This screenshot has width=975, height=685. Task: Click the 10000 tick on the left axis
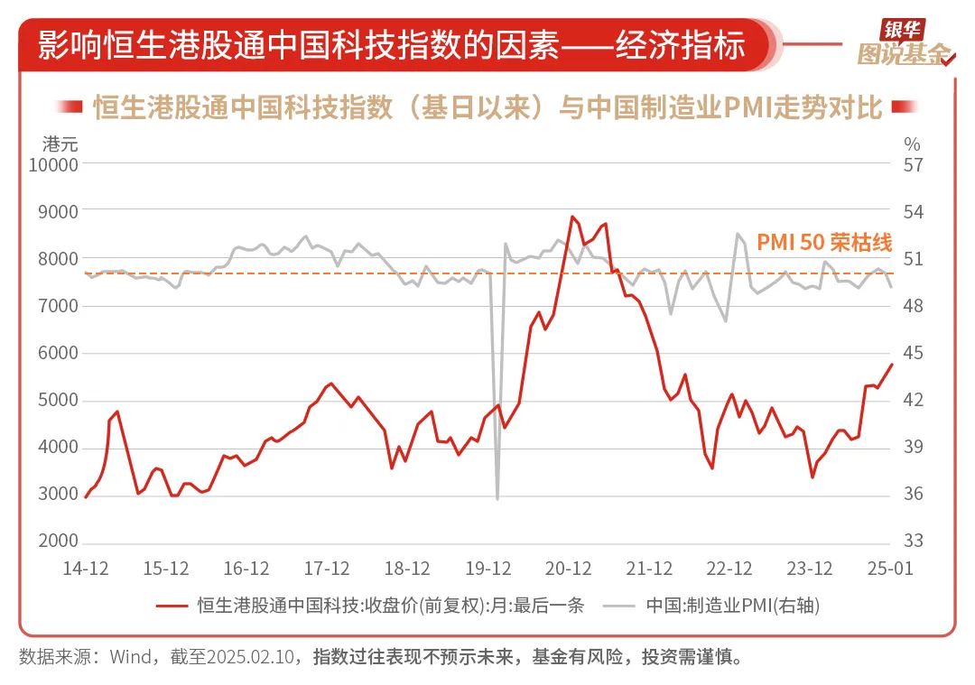coord(54,164)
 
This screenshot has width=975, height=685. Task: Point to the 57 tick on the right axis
coord(914,164)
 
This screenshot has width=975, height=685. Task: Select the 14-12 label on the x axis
coord(85,569)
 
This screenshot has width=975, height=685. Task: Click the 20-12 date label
coord(569,569)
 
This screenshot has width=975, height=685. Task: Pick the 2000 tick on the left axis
coord(60,542)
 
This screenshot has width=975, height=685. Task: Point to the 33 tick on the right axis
coord(914,542)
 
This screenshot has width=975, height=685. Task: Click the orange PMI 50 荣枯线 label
coord(823,243)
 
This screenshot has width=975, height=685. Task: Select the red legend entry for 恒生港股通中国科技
coord(370,606)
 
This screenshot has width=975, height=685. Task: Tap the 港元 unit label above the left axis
coord(60,143)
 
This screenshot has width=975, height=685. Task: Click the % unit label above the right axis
coord(913,143)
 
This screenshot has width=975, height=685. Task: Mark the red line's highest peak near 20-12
coord(571,217)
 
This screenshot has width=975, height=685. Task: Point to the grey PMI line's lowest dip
coord(497,498)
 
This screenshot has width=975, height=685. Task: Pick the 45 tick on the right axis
coord(914,353)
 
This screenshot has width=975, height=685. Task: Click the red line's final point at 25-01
coord(892,364)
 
